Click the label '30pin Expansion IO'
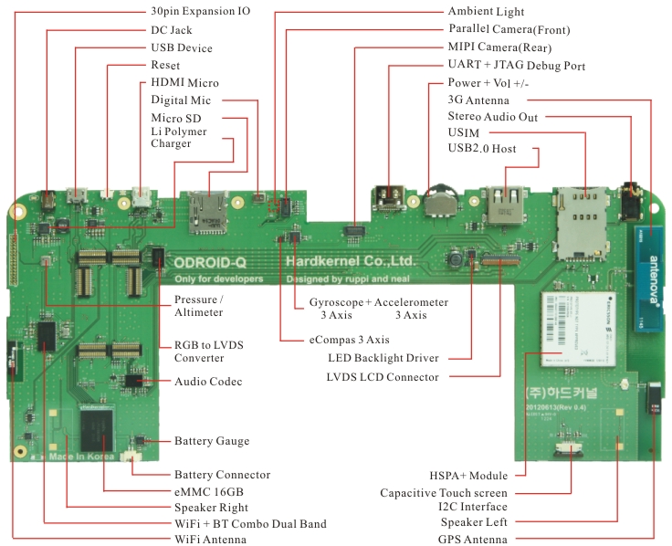tap(199, 12)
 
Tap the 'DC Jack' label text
tap(171, 30)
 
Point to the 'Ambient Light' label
tap(487, 12)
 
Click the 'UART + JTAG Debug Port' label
tap(516, 66)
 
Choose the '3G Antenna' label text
tap(478, 100)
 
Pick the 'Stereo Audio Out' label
tap(492, 117)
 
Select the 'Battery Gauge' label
tap(211, 442)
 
